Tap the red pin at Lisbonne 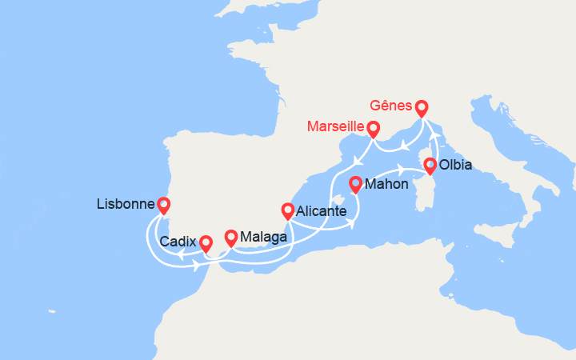164,205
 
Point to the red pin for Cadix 206,242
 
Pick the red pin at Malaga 231,237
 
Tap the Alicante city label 321,212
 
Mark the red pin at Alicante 288,210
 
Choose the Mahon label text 386,185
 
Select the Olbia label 456,166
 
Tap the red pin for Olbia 430,166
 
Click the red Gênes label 391,106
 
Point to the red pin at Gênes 421,106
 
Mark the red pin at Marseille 373,127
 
